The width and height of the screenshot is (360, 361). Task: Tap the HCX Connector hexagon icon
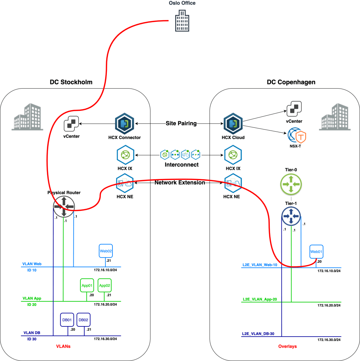point(124,123)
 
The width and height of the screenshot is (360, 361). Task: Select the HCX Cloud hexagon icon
point(232,123)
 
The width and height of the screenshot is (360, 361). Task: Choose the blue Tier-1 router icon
point(291,216)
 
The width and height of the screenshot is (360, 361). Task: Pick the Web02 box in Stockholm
point(106,251)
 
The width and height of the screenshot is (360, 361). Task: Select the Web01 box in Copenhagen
point(316,252)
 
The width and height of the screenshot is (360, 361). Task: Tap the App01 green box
point(87,285)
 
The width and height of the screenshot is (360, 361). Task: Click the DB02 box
point(84,320)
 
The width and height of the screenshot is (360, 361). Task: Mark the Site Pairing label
point(181,124)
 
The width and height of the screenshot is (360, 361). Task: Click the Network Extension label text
point(180,183)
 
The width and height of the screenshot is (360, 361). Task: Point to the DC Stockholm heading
point(71,82)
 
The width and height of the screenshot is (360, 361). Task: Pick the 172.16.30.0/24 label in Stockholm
point(105,339)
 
